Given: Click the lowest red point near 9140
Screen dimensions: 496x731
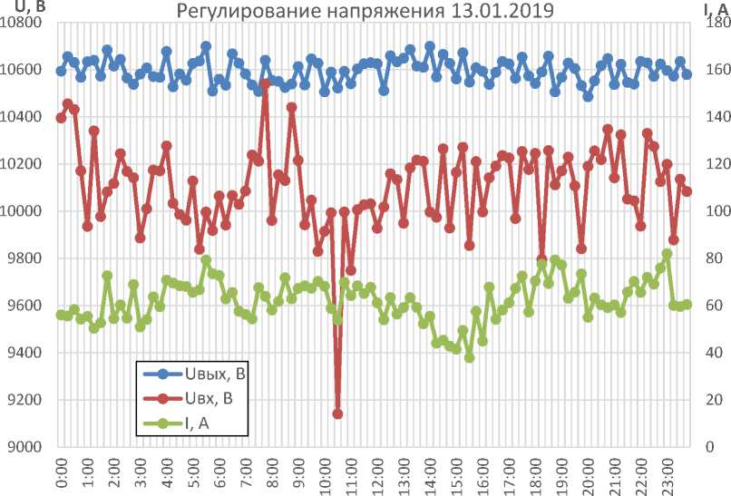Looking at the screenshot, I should [337, 413].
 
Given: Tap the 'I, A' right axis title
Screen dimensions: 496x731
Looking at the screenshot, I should [715, 8].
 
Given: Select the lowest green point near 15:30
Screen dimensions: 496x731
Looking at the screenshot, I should [469, 357].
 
